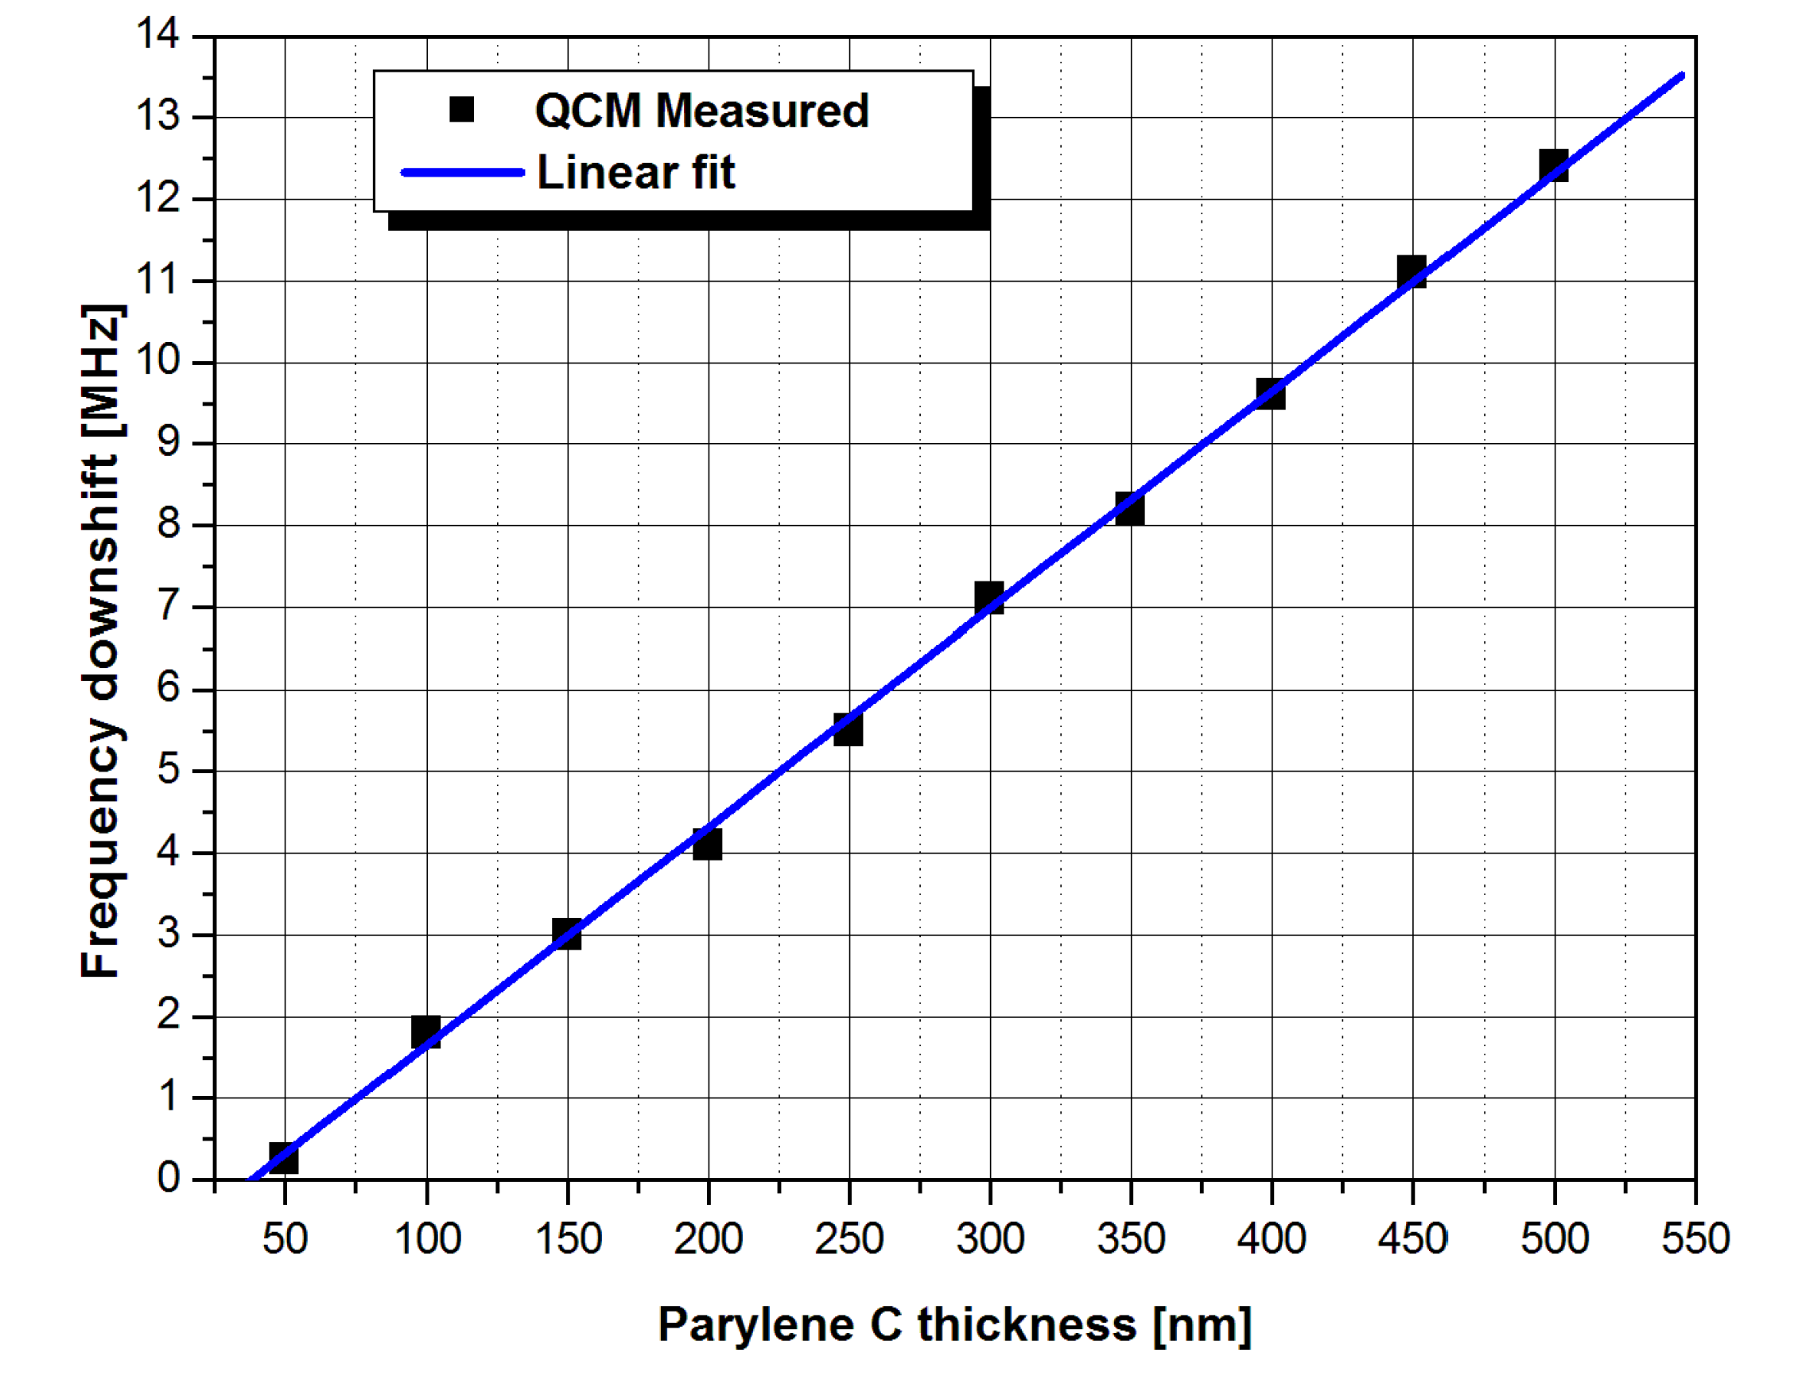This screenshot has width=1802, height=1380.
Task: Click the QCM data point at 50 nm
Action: click(283, 1158)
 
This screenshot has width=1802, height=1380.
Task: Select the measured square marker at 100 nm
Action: click(425, 1032)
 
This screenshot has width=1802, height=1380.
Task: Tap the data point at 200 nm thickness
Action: click(707, 844)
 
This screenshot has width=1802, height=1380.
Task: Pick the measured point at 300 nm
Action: click(989, 598)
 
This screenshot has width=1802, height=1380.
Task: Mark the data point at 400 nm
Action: click(1271, 395)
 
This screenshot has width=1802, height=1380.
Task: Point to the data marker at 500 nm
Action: click(1553, 166)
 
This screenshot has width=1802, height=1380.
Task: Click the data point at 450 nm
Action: click(1412, 272)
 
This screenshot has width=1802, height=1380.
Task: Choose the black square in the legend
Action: click(461, 109)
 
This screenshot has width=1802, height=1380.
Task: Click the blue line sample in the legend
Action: click(462, 173)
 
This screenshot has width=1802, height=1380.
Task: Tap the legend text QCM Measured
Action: click(701, 111)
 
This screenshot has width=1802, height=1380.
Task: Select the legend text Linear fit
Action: click(635, 173)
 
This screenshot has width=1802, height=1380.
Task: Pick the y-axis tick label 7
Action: click(169, 606)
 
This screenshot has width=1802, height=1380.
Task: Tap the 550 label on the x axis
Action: click(1695, 1238)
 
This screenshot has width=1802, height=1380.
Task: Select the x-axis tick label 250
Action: click(849, 1238)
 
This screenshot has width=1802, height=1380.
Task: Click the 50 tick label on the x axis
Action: click(284, 1238)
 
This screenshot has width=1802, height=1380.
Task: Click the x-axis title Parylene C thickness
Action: click(954, 1325)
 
